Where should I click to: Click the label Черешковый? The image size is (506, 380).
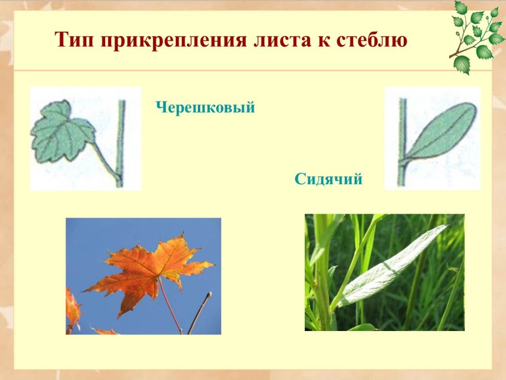[x=205, y=107]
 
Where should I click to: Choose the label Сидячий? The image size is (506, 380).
[x=329, y=179]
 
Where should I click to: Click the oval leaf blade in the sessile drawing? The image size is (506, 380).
[x=442, y=131]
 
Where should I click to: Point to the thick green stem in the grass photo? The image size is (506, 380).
[x=321, y=278]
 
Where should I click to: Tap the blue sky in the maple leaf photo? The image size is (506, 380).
[x=100, y=239]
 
